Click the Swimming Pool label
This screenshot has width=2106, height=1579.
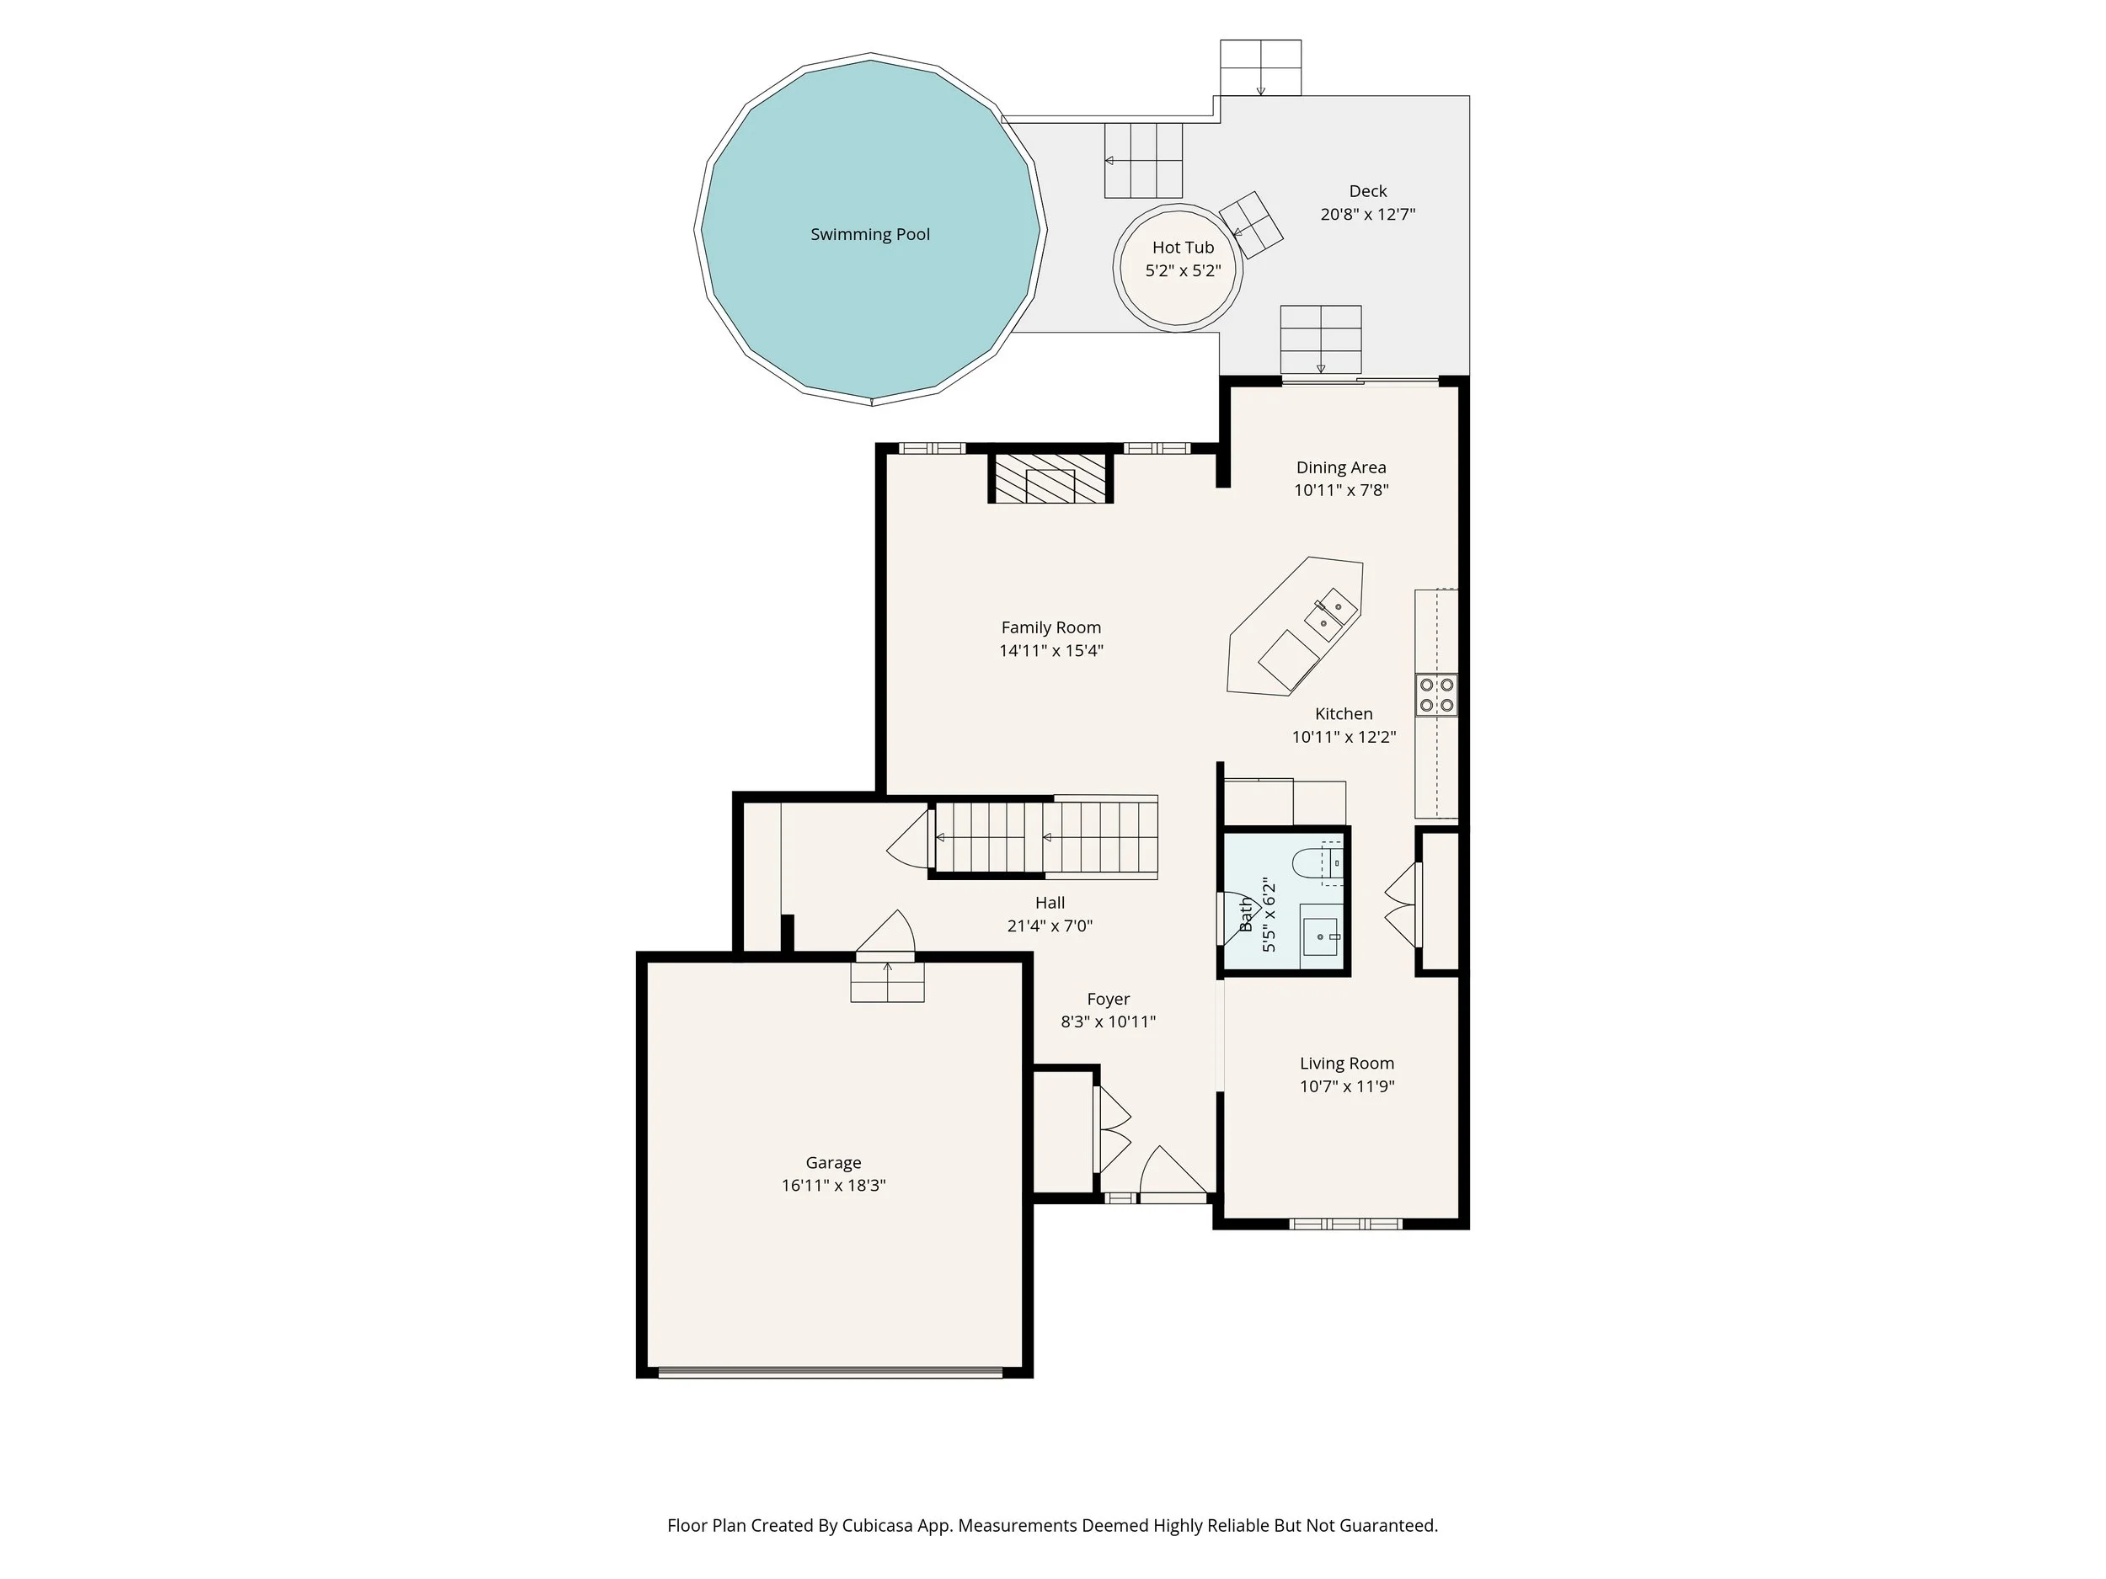869,234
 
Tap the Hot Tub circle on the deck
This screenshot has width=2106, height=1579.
1179,268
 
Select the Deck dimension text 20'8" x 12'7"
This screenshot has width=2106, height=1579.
1367,215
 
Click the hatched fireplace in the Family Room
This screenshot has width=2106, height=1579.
1050,477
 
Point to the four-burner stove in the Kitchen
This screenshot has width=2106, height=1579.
1435,695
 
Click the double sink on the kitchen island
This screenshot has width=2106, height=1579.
1330,614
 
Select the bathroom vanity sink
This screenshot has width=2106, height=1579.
1321,936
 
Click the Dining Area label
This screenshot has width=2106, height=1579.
1340,467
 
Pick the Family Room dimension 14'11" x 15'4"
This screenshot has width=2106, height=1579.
1050,651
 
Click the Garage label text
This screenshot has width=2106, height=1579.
833,1162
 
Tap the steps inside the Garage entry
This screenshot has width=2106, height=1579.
886,981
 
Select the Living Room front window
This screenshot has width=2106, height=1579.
1345,1224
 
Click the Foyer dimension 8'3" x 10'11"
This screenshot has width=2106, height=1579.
1109,1022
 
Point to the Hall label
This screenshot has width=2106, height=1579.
1050,902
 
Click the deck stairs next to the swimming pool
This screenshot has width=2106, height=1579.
1142,161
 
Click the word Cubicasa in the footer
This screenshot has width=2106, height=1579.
877,1526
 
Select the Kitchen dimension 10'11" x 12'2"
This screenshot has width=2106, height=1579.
1344,737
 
